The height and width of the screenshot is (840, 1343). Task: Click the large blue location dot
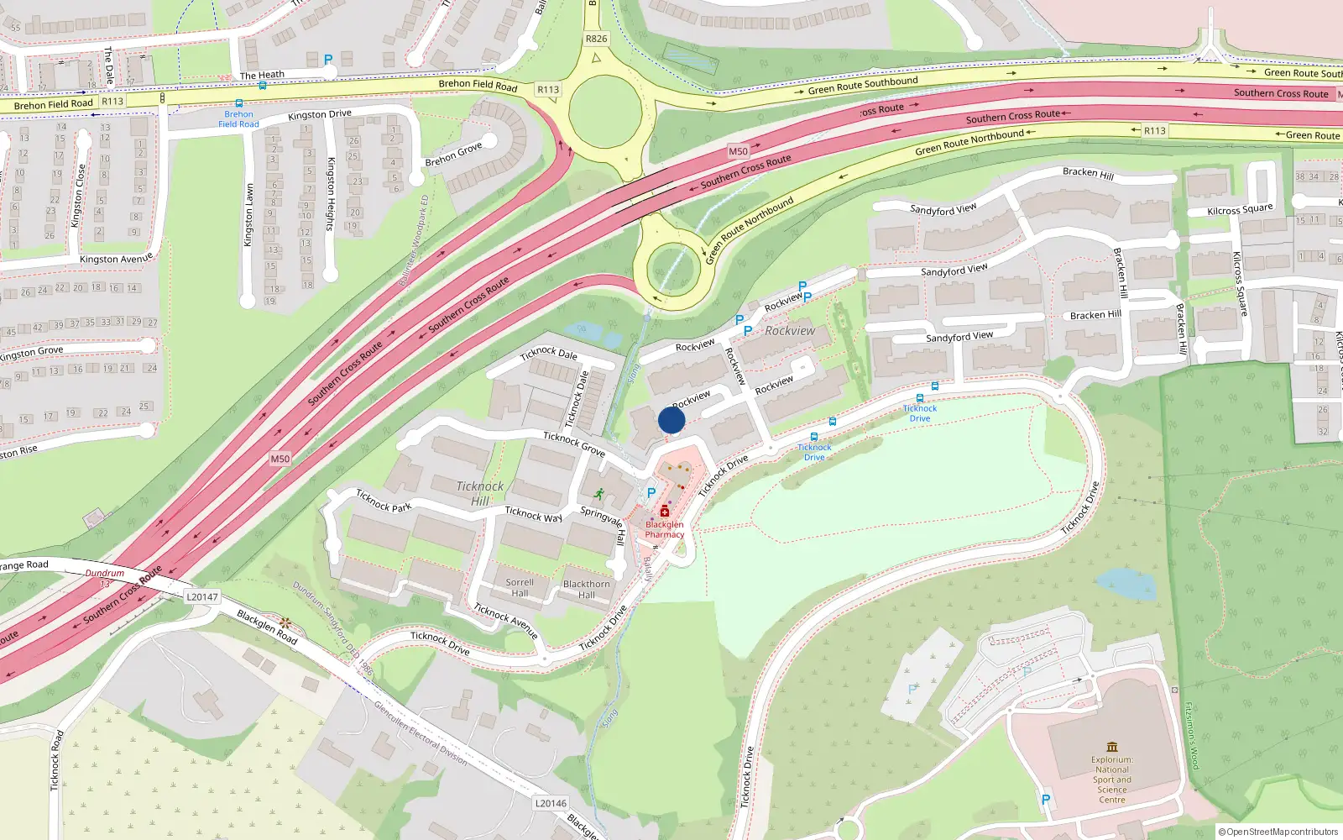point(671,420)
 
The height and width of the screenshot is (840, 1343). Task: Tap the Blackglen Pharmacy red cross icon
point(665,511)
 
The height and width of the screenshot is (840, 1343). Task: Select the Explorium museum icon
point(1112,747)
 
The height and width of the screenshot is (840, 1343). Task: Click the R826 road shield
point(596,39)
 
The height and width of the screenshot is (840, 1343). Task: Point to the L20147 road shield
point(201,597)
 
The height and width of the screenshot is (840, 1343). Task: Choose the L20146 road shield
point(550,803)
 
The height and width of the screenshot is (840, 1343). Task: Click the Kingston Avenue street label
point(116,259)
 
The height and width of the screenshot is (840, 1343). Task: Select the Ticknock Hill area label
point(480,493)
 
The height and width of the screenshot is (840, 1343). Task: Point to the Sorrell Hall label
point(520,587)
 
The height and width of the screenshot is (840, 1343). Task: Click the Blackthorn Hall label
point(587,589)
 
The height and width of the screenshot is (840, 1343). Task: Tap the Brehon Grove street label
point(453,155)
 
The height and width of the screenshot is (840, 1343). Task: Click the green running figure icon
point(599,494)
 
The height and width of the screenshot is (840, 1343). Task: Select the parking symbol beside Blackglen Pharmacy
point(651,493)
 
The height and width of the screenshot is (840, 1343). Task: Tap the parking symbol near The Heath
point(328,60)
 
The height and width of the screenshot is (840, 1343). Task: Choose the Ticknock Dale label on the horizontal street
point(548,354)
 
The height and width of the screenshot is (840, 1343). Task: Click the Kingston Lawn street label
point(248,215)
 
